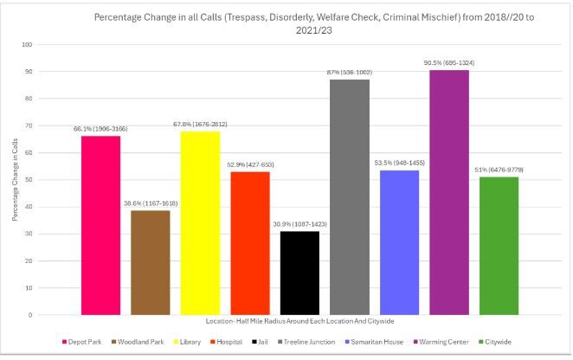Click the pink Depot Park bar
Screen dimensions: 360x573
[100, 225]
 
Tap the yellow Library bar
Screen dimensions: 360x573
[201, 222]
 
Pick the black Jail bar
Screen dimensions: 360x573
[299, 273]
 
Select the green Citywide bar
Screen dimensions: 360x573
[499, 246]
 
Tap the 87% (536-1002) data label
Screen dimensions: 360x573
[350, 73]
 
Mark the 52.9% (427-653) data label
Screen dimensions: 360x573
[249, 164]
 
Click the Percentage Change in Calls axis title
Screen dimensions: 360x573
[16, 180]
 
